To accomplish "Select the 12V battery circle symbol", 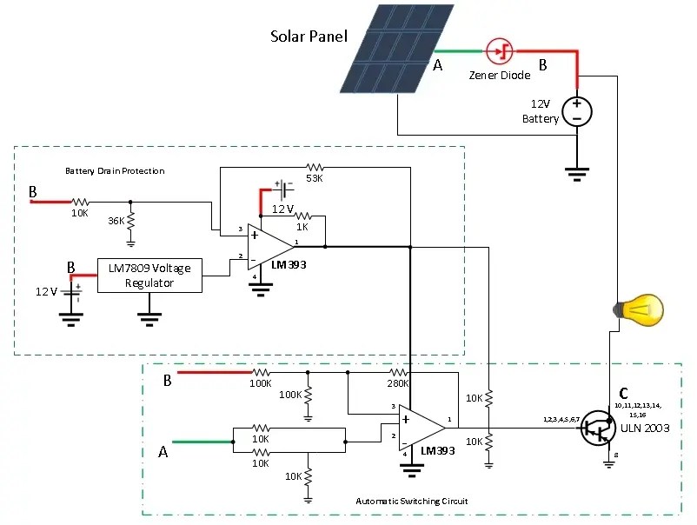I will point(576,111).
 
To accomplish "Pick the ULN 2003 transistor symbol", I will point(599,429).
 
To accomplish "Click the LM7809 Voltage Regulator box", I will point(149,275).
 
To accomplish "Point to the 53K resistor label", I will point(314,180).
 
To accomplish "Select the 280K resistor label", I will point(398,383).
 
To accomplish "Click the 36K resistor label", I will point(116,221).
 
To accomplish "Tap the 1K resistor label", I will point(303,226).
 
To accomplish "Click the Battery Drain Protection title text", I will point(115,170).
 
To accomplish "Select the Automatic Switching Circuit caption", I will point(412,502).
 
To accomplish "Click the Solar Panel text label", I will point(309,37).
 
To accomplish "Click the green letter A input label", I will point(162,451).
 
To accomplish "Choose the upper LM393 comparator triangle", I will point(269,247).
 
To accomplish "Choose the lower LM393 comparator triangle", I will point(421,427).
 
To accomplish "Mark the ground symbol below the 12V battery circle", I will point(576,172).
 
